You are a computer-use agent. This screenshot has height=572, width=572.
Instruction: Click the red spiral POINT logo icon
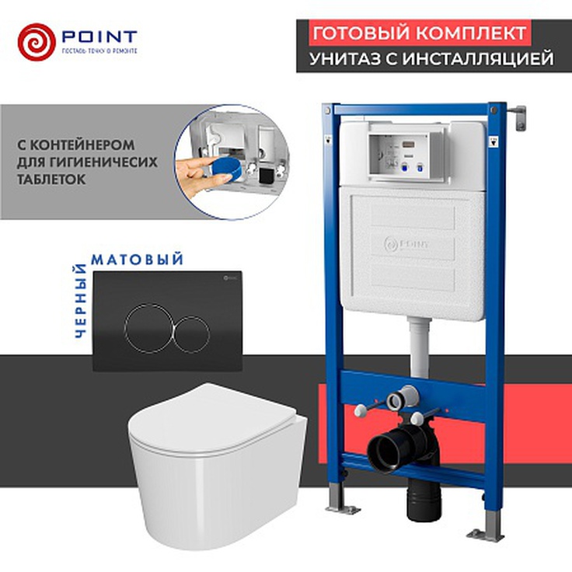(x=37, y=42)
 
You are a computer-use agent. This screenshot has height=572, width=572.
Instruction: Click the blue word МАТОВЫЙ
(x=138, y=259)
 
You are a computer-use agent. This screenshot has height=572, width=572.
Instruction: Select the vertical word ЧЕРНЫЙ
(x=78, y=302)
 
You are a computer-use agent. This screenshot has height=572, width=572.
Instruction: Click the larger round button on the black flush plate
(x=148, y=327)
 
